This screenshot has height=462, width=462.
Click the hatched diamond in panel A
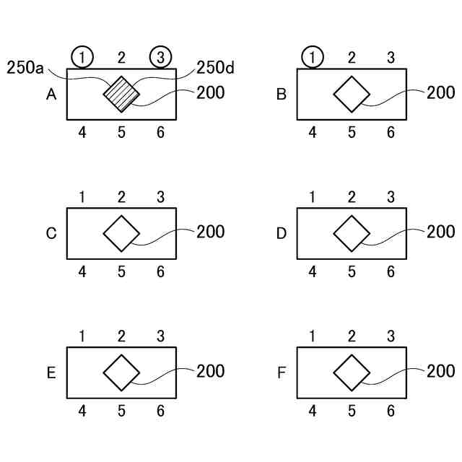[x=121, y=94]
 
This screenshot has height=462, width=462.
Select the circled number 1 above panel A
[x=82, y=57]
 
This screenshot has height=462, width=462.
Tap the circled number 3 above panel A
[x=160, y=57]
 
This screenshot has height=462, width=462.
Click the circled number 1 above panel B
[x=313, y=57]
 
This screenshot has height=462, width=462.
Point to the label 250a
[x=25, y=69]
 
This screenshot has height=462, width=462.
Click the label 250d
[x=216, y=69]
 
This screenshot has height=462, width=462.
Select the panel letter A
[x=51, y=94]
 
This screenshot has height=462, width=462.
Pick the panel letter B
[x=282, y=94]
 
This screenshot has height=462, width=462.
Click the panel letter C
[x=51, y=233]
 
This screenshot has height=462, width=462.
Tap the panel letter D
[x=282, y=233]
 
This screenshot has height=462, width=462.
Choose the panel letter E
[x=51, y=372]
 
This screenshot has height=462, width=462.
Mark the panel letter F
[x=282, y=372]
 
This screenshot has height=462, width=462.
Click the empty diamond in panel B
[x=352, y=94]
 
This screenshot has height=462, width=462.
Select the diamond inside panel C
[x=121, y=233]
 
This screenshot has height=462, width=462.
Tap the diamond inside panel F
[x=352, y=372]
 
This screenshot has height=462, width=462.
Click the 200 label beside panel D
[x=440, y=232]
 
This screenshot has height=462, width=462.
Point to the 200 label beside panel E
[x=210, y=371]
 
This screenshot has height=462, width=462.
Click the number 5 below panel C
[x=121, y=271]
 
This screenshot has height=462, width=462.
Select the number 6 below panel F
[x=391, y=411]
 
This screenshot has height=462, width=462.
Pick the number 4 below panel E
[x=82, y=411]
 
